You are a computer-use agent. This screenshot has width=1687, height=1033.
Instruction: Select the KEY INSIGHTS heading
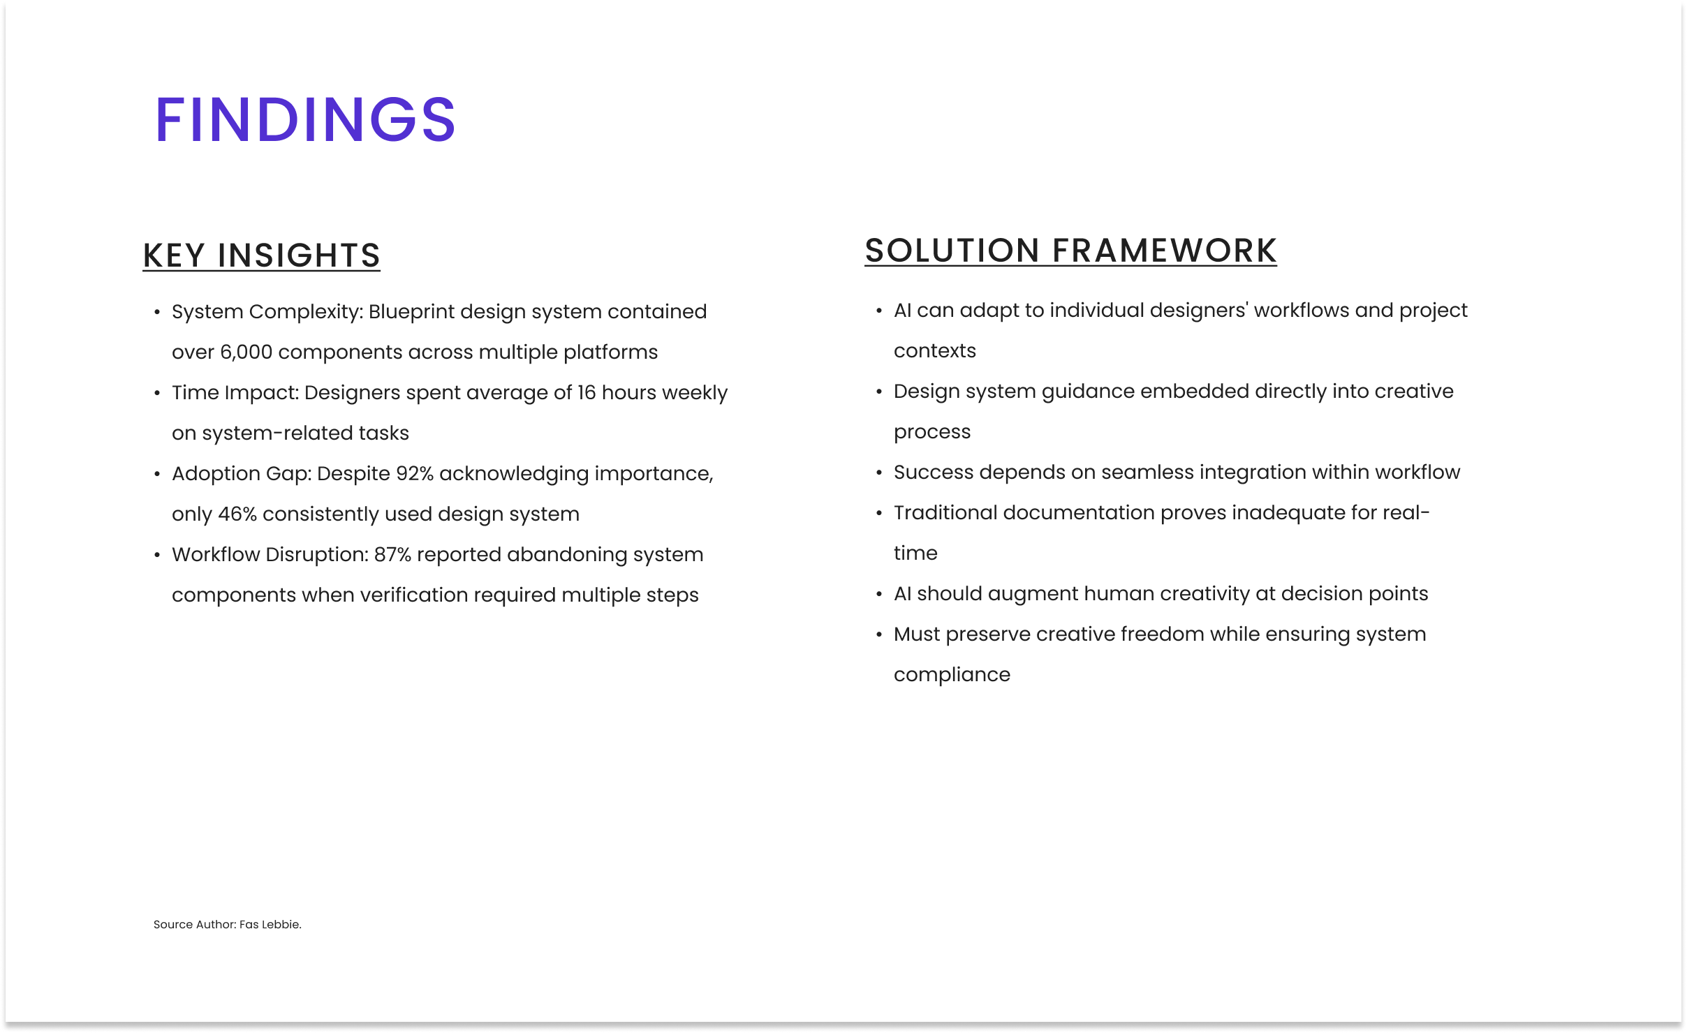261,255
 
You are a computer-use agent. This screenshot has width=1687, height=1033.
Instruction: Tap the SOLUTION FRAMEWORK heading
1070,251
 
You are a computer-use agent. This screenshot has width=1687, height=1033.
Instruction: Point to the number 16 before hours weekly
587,392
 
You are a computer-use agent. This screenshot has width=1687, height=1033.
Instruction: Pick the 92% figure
415,473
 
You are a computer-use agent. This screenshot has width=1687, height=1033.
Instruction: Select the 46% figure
237,514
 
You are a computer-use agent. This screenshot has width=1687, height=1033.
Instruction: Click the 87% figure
392,554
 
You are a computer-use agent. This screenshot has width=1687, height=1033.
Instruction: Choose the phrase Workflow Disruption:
270,554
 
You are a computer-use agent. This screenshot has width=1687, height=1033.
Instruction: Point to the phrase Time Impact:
235,392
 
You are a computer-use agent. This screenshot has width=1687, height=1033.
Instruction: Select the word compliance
952,674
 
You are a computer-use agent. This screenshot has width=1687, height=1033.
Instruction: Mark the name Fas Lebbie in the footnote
270,924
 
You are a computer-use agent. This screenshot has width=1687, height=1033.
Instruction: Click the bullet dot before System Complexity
157,312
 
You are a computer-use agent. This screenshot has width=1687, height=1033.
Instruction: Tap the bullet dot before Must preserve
879,634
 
